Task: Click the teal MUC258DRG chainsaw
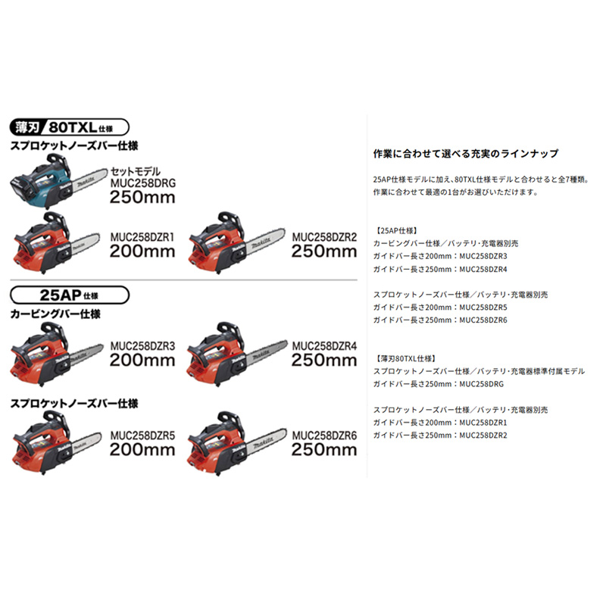(53, 180)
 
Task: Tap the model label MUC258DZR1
(142, 236)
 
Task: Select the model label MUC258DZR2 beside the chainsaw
(324, 236)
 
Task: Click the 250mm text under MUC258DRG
(142, 198)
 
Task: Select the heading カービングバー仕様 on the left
(55, 313)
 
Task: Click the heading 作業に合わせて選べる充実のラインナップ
(466, 153)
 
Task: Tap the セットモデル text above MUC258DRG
(136, 172)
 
